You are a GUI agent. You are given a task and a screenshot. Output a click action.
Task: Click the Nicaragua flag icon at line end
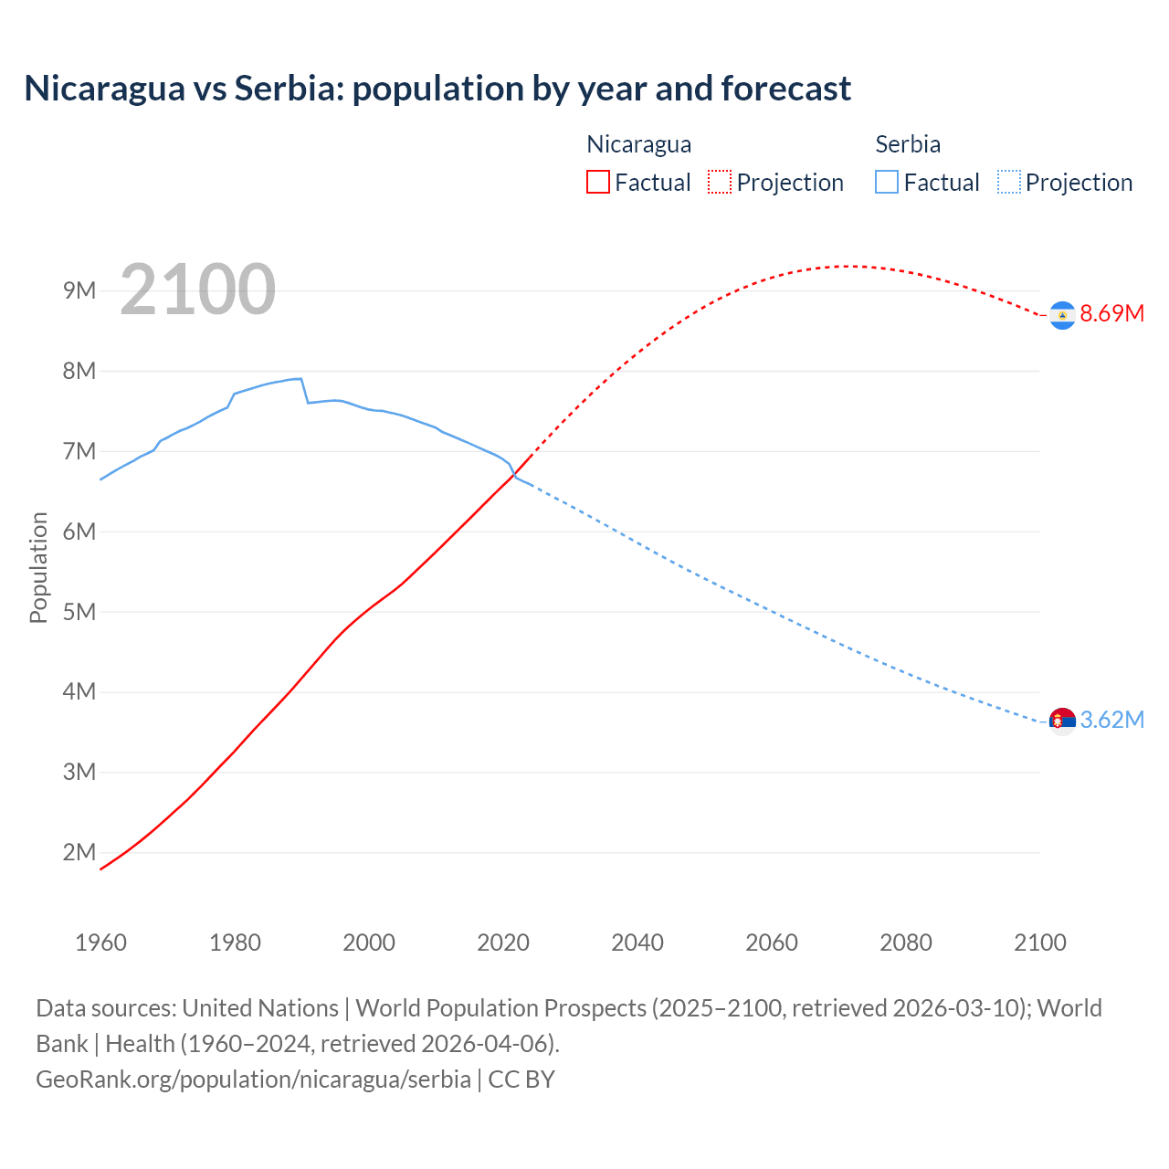point(1062,314)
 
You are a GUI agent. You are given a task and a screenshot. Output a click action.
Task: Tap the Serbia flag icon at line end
point(1062,721)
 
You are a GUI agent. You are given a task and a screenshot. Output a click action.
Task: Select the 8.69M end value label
point(1111,314)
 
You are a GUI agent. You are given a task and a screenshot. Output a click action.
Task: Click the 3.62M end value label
point(1111,721)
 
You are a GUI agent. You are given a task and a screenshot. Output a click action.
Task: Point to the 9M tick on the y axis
point(79,291)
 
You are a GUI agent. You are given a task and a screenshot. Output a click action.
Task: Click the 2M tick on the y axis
point(79,853)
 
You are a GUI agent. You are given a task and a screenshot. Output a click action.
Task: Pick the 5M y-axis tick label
point(79,612)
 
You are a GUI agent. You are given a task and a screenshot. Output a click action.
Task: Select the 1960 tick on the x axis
point(100,943)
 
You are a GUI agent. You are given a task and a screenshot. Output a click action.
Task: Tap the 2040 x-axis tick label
point(637,943)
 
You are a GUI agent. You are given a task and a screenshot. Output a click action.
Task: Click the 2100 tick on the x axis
point(1039,943)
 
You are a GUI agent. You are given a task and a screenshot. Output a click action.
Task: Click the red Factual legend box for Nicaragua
point(598,183)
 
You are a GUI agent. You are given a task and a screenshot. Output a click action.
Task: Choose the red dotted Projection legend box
point(720,183)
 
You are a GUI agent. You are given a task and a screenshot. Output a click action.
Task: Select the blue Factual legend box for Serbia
point(887,183)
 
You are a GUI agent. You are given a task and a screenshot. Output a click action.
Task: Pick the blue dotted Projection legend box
point(1009,183)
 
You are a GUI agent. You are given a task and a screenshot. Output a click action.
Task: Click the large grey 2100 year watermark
point(197,290)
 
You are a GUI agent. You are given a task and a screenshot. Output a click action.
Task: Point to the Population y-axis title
point(38,567)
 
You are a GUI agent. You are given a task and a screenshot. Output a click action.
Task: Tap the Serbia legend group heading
point(908,144)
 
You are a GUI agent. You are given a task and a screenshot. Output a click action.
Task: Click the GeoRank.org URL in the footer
point(253,1079)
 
